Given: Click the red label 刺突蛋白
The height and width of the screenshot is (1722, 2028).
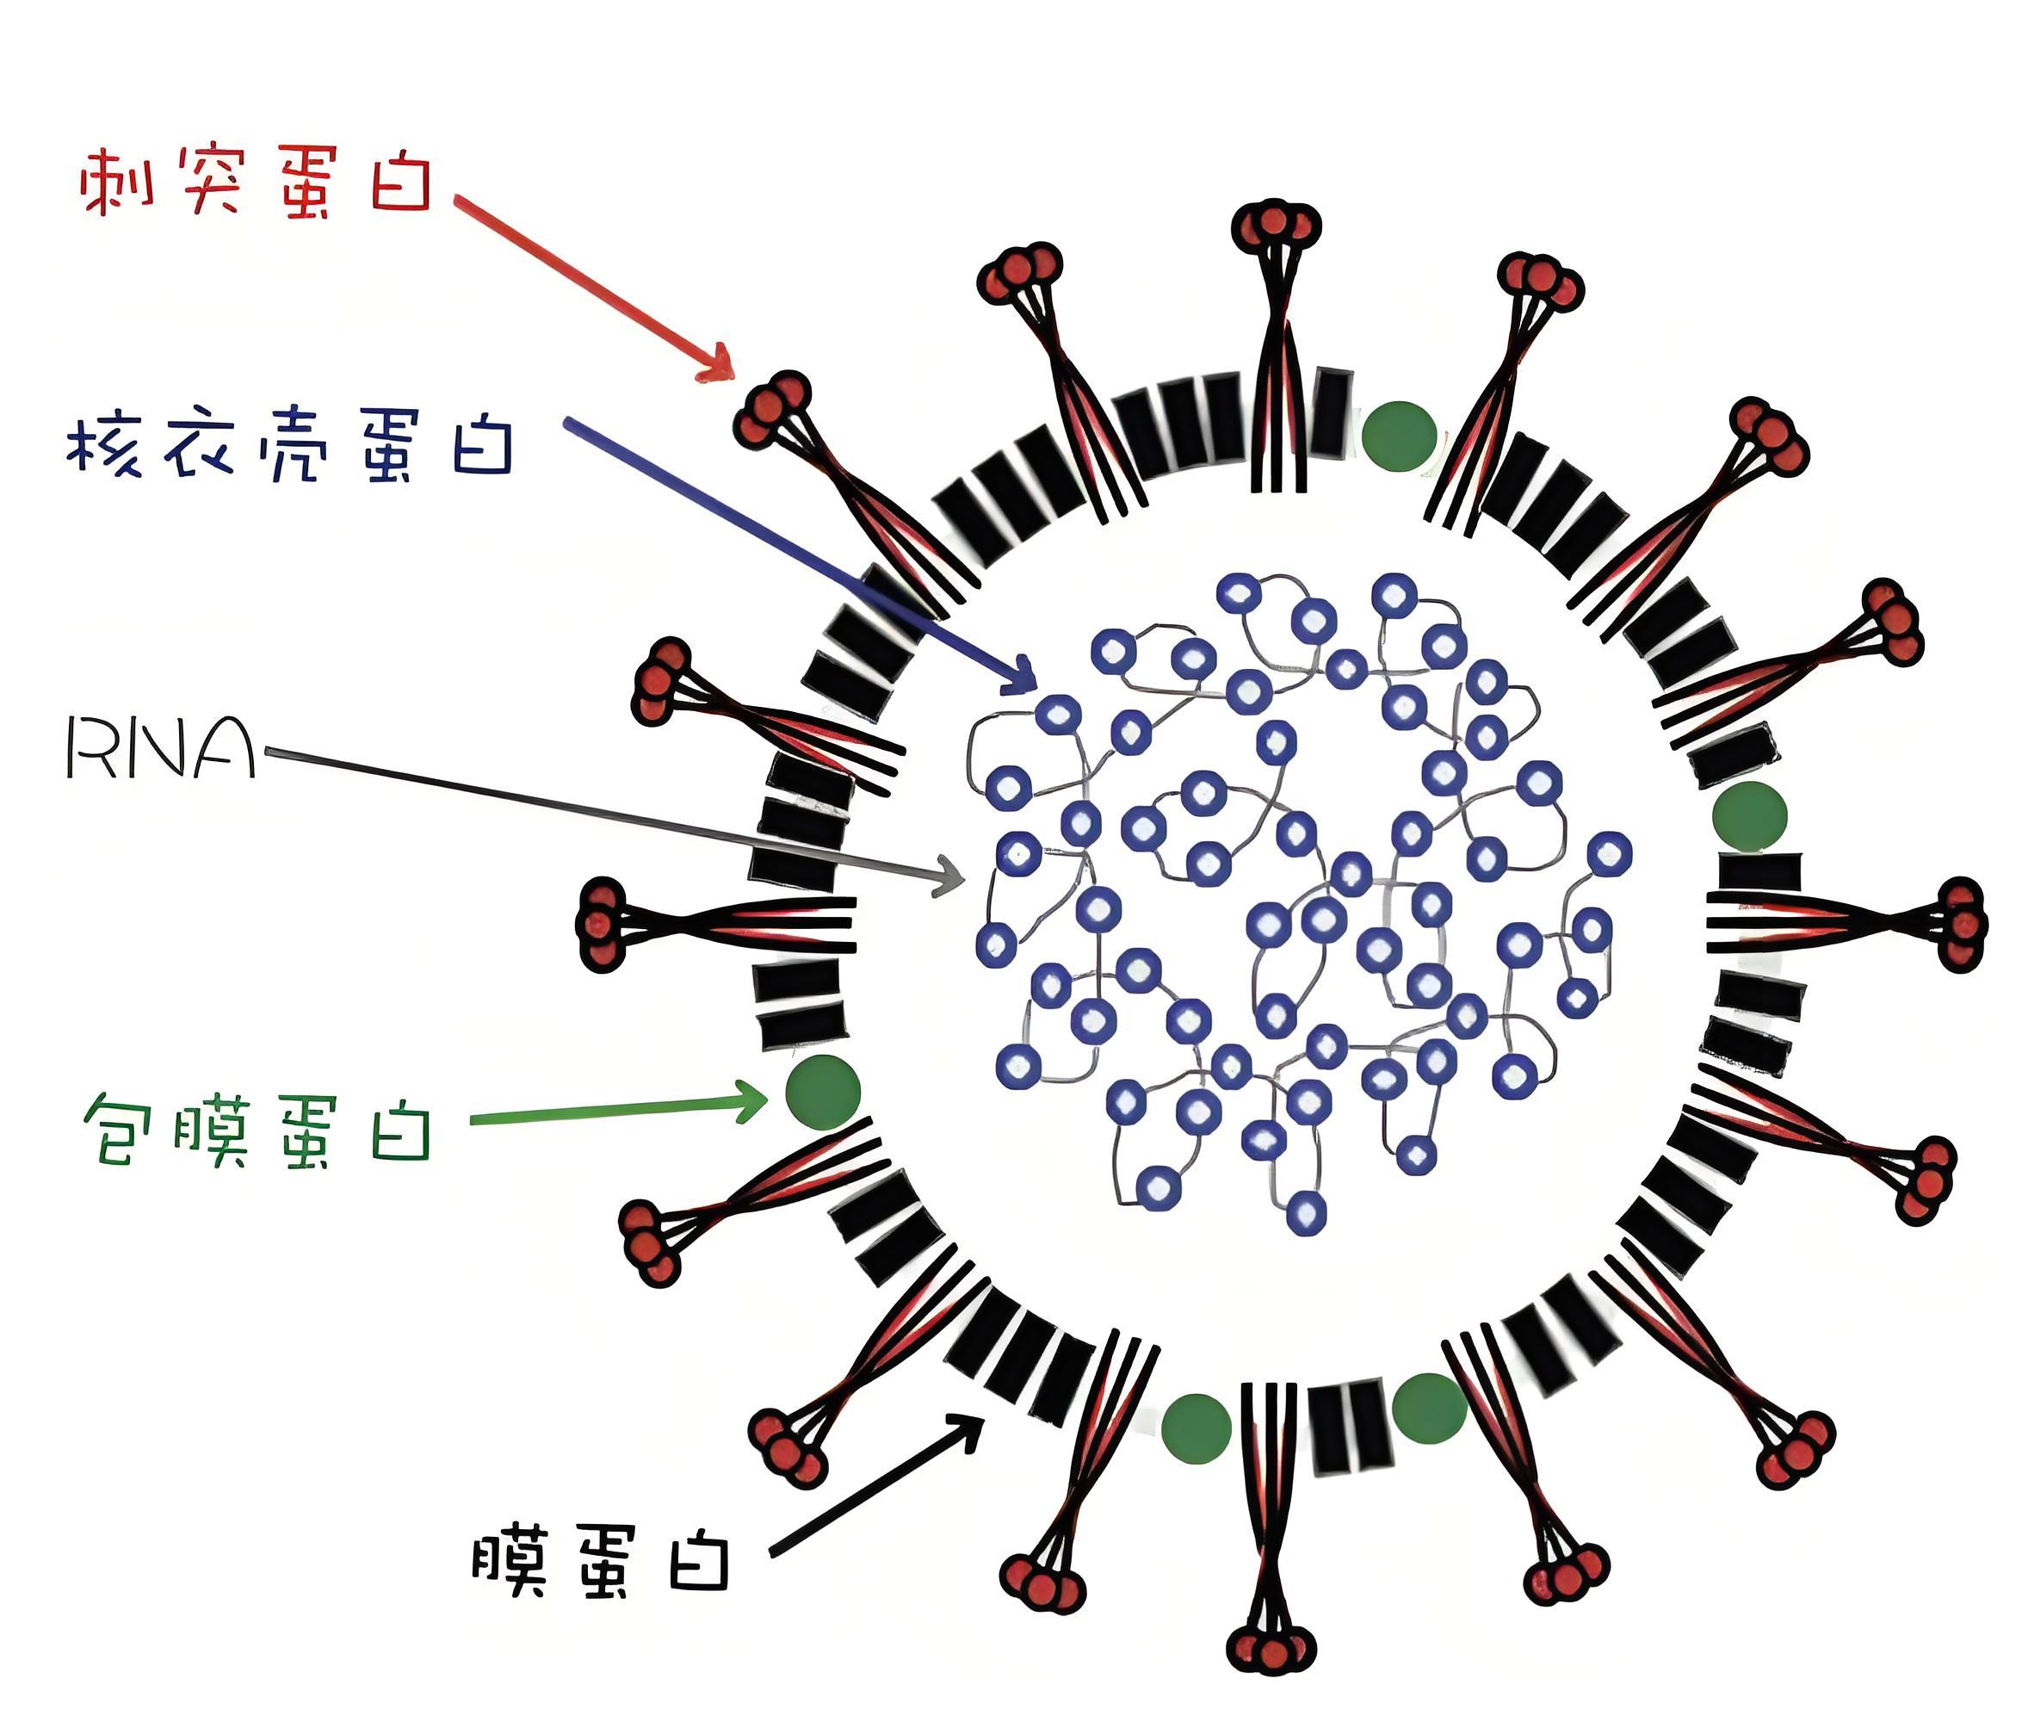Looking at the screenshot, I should point(256,182).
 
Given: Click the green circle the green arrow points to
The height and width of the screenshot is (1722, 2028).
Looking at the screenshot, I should point(823,1093).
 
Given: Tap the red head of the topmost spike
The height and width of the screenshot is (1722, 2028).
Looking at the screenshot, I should point(1275,225).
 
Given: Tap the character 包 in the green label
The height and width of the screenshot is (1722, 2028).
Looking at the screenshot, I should point(123,1130).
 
